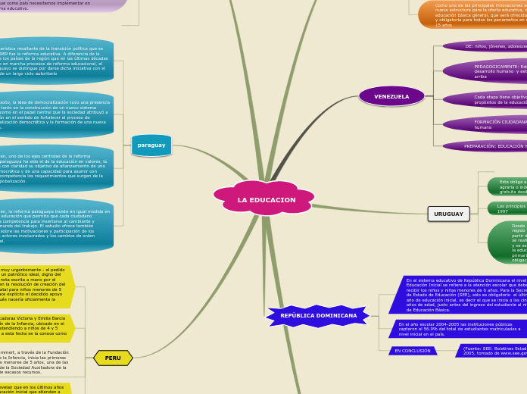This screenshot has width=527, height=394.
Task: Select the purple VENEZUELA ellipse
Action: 391,96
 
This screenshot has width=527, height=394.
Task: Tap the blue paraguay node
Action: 151,145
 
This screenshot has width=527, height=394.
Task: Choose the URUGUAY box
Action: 448,214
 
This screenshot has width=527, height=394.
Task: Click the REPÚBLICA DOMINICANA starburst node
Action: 318,315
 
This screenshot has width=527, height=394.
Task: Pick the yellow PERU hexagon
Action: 113,358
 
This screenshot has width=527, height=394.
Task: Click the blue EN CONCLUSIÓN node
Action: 413,351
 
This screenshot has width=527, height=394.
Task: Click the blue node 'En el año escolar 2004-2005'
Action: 459,329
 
